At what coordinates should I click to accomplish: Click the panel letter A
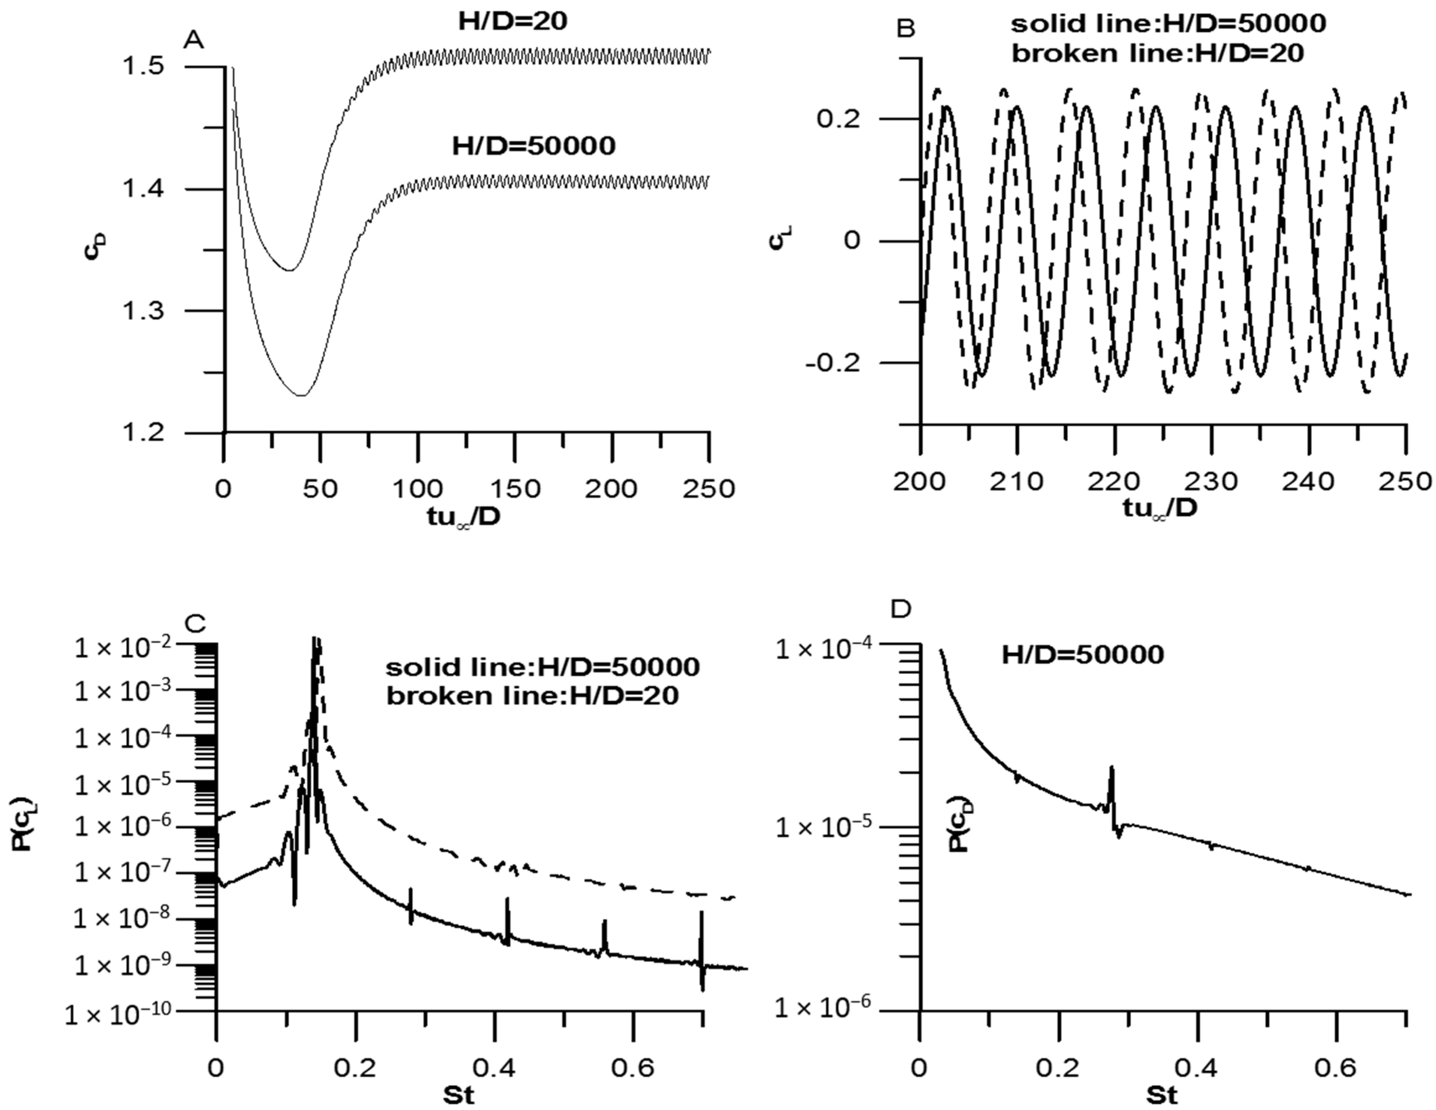195,41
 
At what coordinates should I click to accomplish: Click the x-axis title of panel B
1160,511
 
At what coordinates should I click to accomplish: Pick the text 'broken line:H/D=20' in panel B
1157,53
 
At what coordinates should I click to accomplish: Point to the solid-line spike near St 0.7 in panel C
702,947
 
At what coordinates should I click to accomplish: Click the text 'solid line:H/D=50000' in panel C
542,667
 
